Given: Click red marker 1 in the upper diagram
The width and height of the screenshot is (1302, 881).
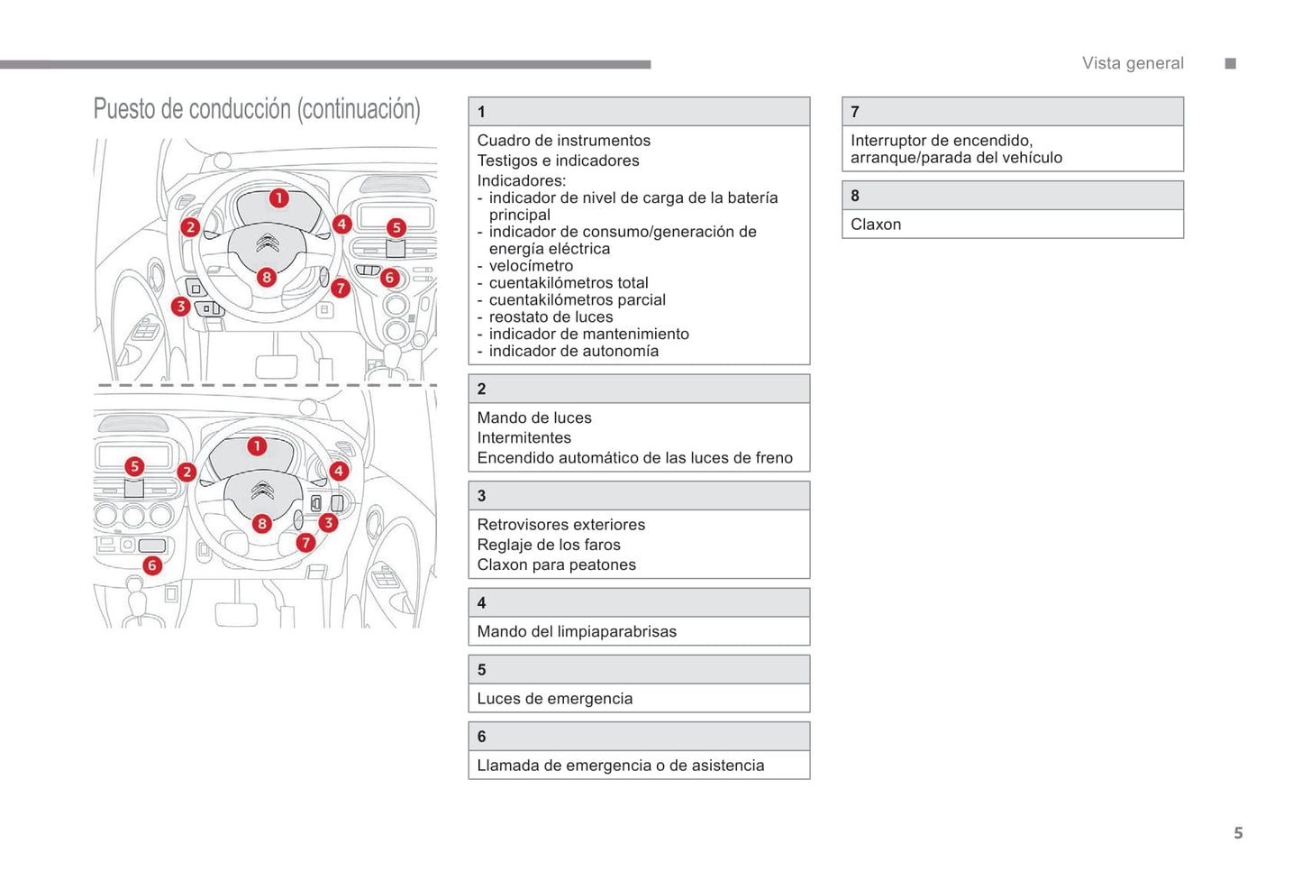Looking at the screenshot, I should click(x=279, y=197).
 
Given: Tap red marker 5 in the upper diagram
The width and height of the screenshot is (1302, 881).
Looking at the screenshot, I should click(x=396, y=227).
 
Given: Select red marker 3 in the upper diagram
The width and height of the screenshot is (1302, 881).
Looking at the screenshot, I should click(x=181, y=307).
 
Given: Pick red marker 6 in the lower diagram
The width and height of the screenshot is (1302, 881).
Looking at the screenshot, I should click(x=152, y=565).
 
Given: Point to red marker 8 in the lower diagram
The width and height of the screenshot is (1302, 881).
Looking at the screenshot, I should click(x=261, y=523).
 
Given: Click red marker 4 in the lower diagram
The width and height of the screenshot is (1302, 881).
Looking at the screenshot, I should click(x=339, y=471).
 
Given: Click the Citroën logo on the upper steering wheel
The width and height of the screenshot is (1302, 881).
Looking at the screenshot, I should click(x=267, y=243).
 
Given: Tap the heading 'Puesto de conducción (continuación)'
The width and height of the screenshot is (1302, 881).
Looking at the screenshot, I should click(x=257, y=109).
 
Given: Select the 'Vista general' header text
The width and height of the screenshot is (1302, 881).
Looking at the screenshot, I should click(x=1133, y=63).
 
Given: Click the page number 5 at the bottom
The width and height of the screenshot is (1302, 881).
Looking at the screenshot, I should click(x=1238, y=833).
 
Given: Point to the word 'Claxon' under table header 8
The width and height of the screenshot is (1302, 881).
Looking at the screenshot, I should click(x=876, y=225).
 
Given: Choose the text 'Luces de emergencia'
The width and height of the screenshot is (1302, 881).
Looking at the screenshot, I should click(x=555, y=699).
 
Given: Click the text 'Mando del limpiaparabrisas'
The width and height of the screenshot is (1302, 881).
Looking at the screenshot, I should click(x=577, y=632).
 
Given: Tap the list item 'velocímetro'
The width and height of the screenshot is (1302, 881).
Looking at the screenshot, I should click(x=531, y=266).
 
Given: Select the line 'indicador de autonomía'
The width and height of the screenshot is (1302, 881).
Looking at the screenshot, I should click(x=573, y=352).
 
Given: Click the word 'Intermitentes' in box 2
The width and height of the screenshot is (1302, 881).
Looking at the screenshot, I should click(x=524, y=438).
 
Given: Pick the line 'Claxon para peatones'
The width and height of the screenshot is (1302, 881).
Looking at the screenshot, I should click(x=557, y=565).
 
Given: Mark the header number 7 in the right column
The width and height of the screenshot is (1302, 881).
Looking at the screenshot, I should click(x=855, y=112).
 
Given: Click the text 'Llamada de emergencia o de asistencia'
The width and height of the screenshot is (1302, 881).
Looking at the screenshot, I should click(x=621, y=766).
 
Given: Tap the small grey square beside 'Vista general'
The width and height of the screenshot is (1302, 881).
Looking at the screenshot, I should click(x=1231, y=63).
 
